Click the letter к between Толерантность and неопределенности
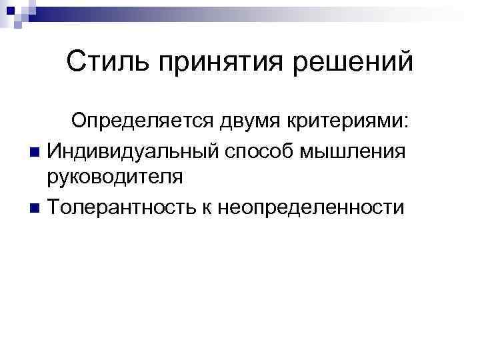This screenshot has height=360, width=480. tap(201, 207)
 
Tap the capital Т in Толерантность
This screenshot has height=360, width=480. tap(54, 207)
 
